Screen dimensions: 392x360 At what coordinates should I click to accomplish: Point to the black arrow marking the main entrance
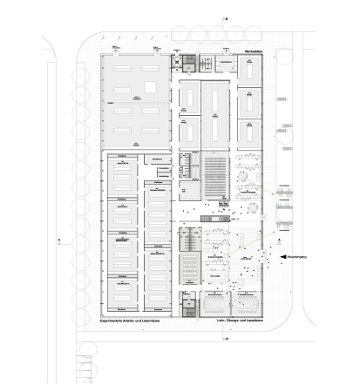(283, 254)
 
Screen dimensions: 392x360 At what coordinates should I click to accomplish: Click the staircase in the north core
(184, 63)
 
